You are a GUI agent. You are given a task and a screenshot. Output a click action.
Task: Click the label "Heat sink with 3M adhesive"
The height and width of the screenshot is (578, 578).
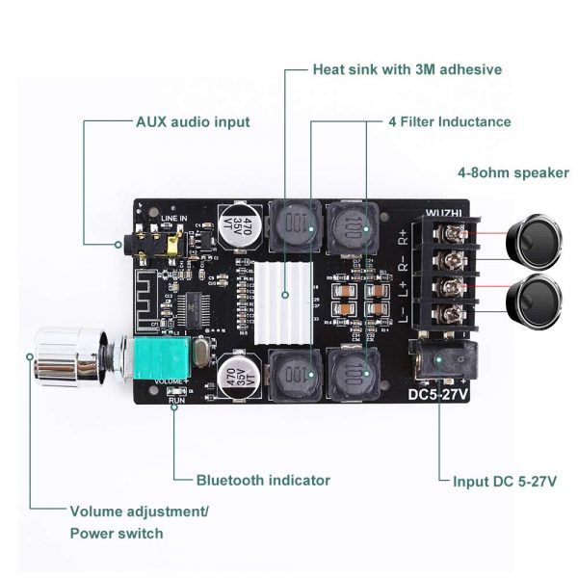coord(407,69)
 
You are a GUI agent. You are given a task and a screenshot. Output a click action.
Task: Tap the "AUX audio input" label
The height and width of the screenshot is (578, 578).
coord(192,122)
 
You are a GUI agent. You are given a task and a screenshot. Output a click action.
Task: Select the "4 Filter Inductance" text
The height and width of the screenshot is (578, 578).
coord(449,122)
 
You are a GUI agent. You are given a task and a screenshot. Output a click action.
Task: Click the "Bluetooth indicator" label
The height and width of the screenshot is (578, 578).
coord(263,480)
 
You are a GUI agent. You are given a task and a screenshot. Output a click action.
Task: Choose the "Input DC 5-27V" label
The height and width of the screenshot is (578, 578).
coord(505,480)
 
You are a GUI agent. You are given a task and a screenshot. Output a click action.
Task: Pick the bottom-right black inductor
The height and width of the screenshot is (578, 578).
coord(354,377)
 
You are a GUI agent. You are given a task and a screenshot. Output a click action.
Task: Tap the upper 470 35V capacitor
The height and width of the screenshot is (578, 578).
coord(241,226)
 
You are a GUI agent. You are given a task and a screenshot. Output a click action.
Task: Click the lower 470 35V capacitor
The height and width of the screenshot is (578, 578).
coord(241,380)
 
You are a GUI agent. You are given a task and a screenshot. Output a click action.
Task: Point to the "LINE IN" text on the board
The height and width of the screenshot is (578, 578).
coord(174,219)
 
